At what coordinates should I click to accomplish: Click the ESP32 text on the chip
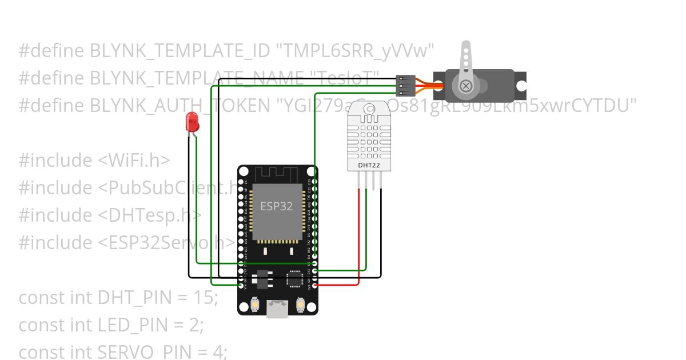point(276,206)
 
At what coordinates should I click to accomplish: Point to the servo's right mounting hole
point(521,86)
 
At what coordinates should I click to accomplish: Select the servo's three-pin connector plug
point(405,86)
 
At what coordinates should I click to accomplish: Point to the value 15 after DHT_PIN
point(204,298)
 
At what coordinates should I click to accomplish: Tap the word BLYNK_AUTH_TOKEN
point(174,106)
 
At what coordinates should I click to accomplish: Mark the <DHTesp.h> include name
point(150,215)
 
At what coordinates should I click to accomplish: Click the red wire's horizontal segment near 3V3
point(337,284)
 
